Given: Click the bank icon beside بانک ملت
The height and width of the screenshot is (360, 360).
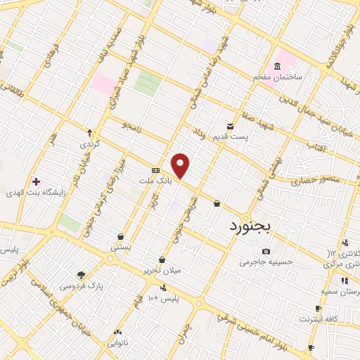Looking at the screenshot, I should point(155,171).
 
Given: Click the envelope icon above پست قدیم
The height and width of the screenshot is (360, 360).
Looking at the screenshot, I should point(229,126).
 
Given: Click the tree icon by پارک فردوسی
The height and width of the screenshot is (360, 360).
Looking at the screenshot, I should point(81,275).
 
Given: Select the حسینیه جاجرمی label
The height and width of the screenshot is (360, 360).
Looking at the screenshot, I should point(264,262).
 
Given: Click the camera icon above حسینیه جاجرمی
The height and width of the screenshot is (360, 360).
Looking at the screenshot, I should point(266,251).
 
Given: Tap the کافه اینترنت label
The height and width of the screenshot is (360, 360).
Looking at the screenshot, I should point(319,319).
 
